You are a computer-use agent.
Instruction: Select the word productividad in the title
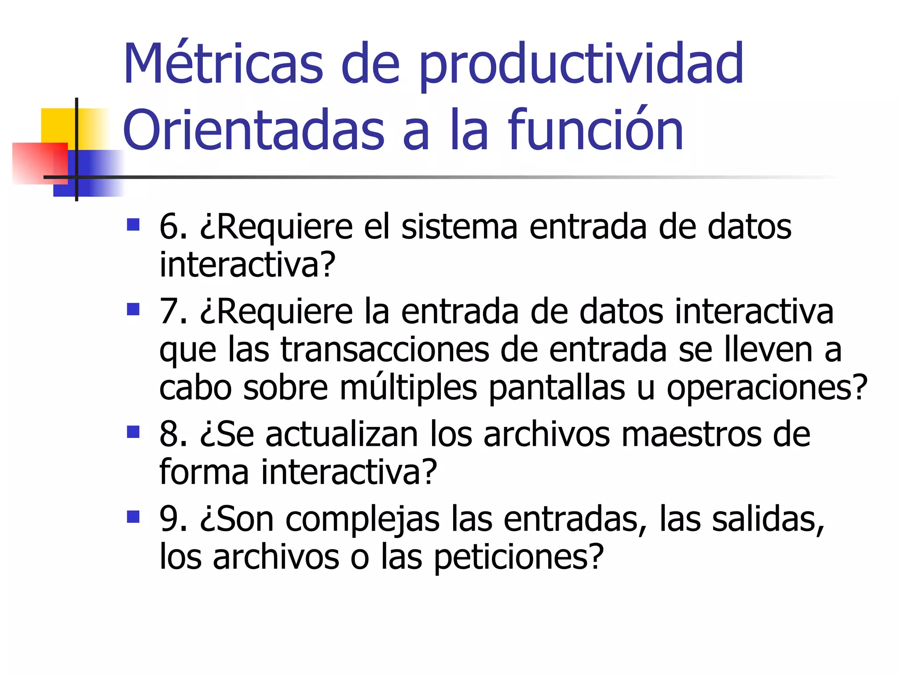tap(581, 66)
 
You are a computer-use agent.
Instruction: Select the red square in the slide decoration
tap(40, 163)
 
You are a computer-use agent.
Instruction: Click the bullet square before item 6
tap(133, 225)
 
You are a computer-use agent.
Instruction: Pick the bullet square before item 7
tap(133, 309)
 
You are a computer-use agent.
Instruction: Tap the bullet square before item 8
tap(133, 432)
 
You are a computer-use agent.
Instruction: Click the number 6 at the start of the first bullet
tap(169, 227)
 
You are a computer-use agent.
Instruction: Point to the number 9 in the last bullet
tap(169, 519)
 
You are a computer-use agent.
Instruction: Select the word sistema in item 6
tap(459, 227)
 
